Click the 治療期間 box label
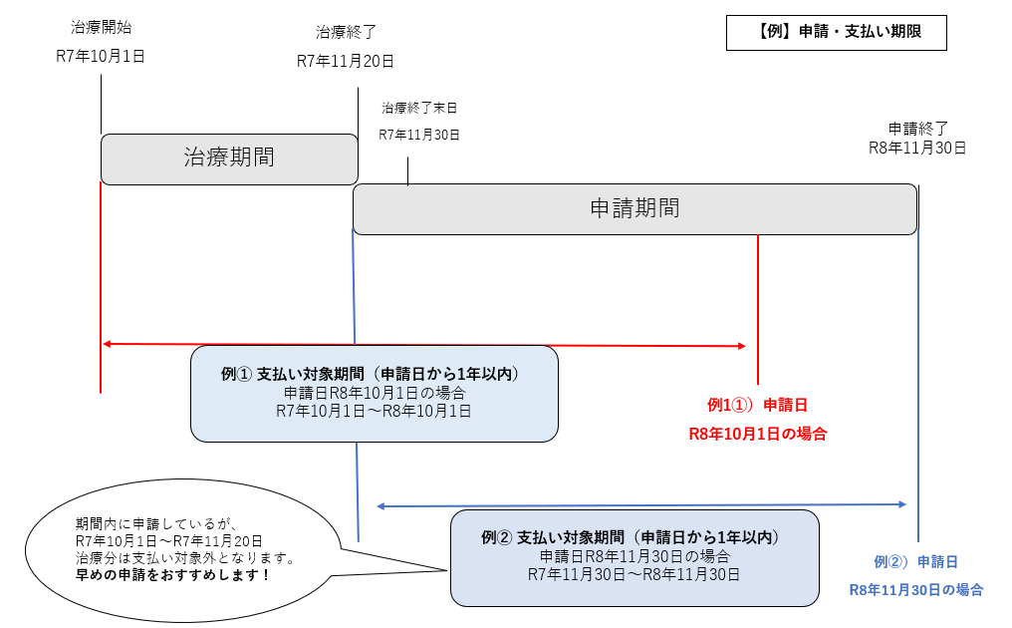pyautogui.click(x=229, y=157)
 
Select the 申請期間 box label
pyautogui.click(x=634, y=208)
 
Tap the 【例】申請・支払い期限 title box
pyautogui.click(x=837, y=32)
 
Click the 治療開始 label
pyautogui.click(x=102, y=27)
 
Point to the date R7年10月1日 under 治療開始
pyautogui.click(x=101, y=56)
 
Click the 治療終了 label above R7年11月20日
pyautogui.click(x=347, y=32)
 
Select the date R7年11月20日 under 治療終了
pyautogui.click(x=346, y=61)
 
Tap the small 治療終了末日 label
pyautogui.click(x=419, y=107)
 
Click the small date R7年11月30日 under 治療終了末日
pyautogui.click(x=419, y=134)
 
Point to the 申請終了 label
pyautogui.click(x=917, y=129)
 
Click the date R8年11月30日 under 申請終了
pyautogui.click(x=917, y=148)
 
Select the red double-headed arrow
pyautogui.click(x=423, y=345)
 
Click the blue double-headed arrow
pyautogui.click(x=642, y=505)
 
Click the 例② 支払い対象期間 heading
pyautogui.click(x=633, y=537)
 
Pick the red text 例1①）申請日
pyautogui.click(x=757, y=405)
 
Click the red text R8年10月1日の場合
pyautogui.click(x=758, y=434)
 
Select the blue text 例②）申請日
pyautogui.click(x=915, y=561)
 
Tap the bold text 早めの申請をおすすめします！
pyautogui.click(x=173, y=576)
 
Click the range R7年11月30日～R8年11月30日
pyautogui.click(x=633, y=574)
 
